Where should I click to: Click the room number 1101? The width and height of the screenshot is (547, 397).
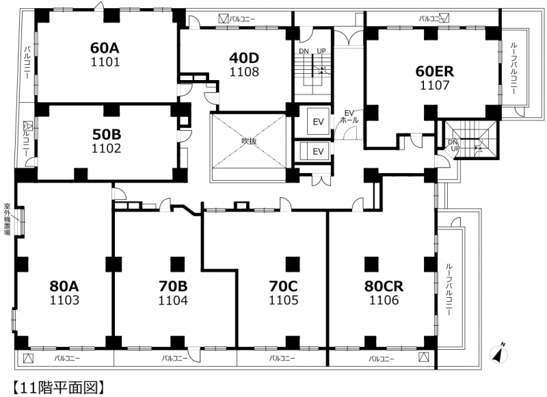point(105,62)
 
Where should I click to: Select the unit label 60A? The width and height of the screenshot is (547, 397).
point(105,47)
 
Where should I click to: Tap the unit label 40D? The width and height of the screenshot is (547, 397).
point(244,57)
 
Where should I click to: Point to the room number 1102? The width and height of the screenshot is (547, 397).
point(106,149)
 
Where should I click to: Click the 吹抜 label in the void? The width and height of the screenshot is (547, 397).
point(249,141)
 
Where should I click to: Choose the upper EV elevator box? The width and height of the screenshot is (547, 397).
point(318,122)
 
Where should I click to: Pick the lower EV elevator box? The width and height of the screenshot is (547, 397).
point(318,151)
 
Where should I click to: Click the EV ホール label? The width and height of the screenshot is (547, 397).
point(349,116)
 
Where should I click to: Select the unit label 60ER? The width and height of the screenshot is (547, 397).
point(434,71)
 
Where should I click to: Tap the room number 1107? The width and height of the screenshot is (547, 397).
point(434,85)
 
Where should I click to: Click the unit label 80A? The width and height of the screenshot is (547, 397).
point(64,286)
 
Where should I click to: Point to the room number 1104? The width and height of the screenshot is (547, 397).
point(173,300)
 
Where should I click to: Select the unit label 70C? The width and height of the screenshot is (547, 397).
point(283,286)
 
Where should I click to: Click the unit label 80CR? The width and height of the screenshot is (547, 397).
point(384,286)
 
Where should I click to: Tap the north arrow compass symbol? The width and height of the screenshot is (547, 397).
point(498,353)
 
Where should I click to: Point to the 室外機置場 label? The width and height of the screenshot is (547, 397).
point(7,219)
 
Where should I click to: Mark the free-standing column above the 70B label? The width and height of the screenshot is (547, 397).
point(178,264)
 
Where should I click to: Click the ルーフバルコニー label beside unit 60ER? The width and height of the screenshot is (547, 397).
point(513,68)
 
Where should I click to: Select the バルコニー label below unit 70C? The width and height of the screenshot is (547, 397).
point(282,358)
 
